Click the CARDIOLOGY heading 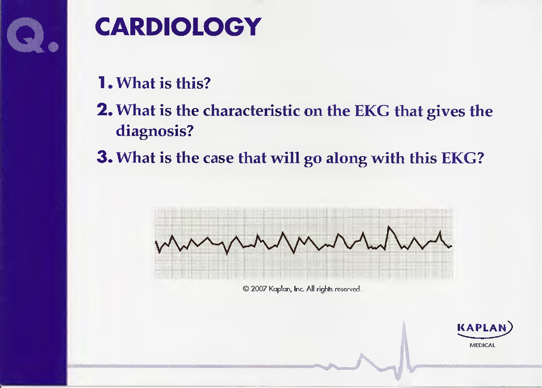[x=178, y=27]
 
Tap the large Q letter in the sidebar [x=25, y=35]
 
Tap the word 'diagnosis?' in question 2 [x=155, y=131]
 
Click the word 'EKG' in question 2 [x=372, y=110]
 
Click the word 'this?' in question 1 [x=193, y=83]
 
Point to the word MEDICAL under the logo [x=482, y=345]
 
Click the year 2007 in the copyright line [x=259, y=289]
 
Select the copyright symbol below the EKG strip [x=246, y=289]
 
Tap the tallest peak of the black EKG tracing [x=389, y=227]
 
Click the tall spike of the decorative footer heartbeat [x=404, y=323]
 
